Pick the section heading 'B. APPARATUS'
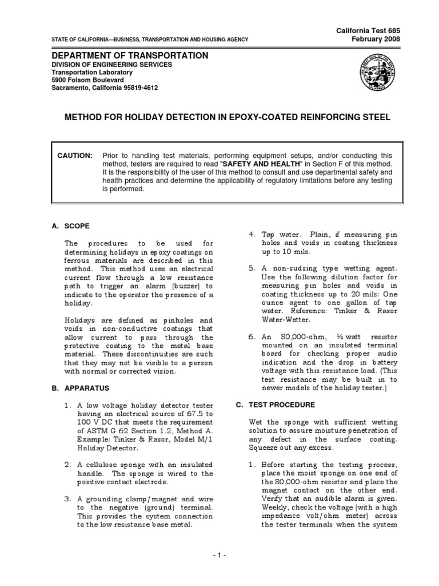tap(78, 387)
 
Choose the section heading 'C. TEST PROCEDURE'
tap(275, 405)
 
